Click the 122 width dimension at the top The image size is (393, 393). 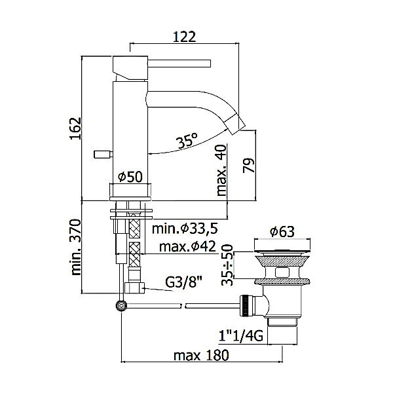(x=184, y=37)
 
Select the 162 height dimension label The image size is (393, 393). (x=76, y=128)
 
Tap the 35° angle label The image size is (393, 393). (x=187, y=140)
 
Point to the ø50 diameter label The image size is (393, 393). (x=130, y=176)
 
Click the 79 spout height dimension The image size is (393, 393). (x=248, y=165)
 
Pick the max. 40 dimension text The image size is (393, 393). (x=221, y=170)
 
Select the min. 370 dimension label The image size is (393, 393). (x=76, y=248)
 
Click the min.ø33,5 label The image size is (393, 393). (x=185, y=229)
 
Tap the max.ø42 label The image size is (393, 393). (x=187, y=247)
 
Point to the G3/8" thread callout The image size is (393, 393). (x=183, y=283)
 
